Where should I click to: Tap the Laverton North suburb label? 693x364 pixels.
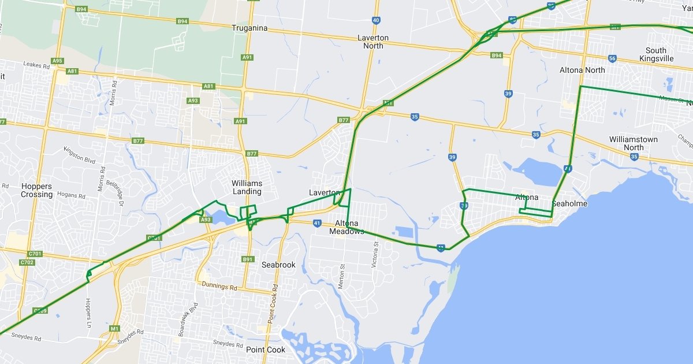point(373,42)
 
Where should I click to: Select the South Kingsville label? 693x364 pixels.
point(656,54)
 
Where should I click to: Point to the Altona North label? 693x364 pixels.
point(582,70)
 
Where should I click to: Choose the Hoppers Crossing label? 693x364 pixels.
point(37,190)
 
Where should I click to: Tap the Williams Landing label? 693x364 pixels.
point(247,187)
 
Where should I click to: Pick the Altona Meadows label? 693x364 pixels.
point(347,227)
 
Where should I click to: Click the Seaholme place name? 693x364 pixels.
point(569,204)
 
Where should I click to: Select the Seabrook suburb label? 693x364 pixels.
point(278,265)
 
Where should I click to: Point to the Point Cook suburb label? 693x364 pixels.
point(266,350)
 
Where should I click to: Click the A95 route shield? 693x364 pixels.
point(57,61)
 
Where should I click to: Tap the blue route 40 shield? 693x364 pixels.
point(376,20)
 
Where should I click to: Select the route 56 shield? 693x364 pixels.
point(612,58)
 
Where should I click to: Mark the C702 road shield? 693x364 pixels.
point(27,262)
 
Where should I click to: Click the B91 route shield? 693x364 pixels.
point(248,259)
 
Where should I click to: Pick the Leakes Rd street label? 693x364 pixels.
point(36,65)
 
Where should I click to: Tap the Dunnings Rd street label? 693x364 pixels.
point(219,286)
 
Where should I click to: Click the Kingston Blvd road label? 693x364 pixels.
point(79,156)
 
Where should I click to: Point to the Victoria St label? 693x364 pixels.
point(375,255)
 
